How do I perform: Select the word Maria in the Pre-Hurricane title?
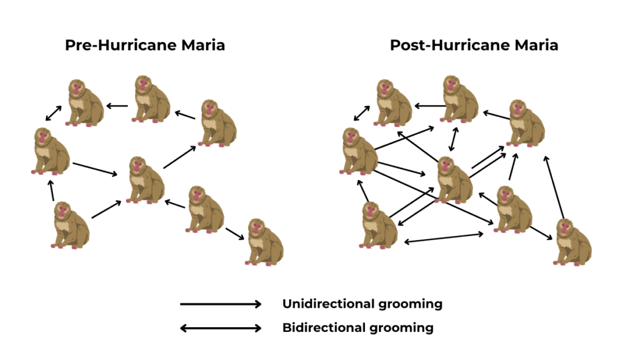[203, 45]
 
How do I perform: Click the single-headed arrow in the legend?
[221, 304]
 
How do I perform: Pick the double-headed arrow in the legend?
[221, 328]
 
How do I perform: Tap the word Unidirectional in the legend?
[328, 304]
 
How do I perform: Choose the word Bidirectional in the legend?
[324, 328]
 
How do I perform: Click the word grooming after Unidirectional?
[410, 305]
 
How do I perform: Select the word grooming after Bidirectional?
[402, 329]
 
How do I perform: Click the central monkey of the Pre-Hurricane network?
[145, 180]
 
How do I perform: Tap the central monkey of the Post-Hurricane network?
[454, 180]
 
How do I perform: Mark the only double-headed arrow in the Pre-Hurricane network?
[54, 113]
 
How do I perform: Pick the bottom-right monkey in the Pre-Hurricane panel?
[264, 242]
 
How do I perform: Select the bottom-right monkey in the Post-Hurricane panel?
[573, 242]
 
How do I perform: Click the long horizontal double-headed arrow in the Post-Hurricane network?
[444, 238]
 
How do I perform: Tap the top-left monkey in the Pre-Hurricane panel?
[85, 103]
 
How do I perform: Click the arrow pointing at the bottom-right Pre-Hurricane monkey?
[235, 233]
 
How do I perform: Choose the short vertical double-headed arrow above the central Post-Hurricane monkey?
[453, 139]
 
